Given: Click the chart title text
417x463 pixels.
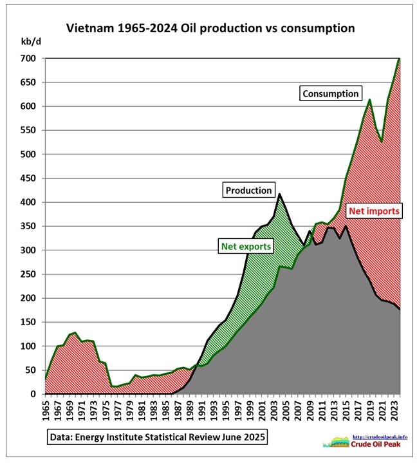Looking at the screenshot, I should pos(210,29).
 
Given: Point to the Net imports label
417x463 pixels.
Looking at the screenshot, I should pos(375,210).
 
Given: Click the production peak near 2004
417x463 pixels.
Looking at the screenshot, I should pos(279,194).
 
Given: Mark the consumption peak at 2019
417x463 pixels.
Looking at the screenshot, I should pos(369,99).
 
